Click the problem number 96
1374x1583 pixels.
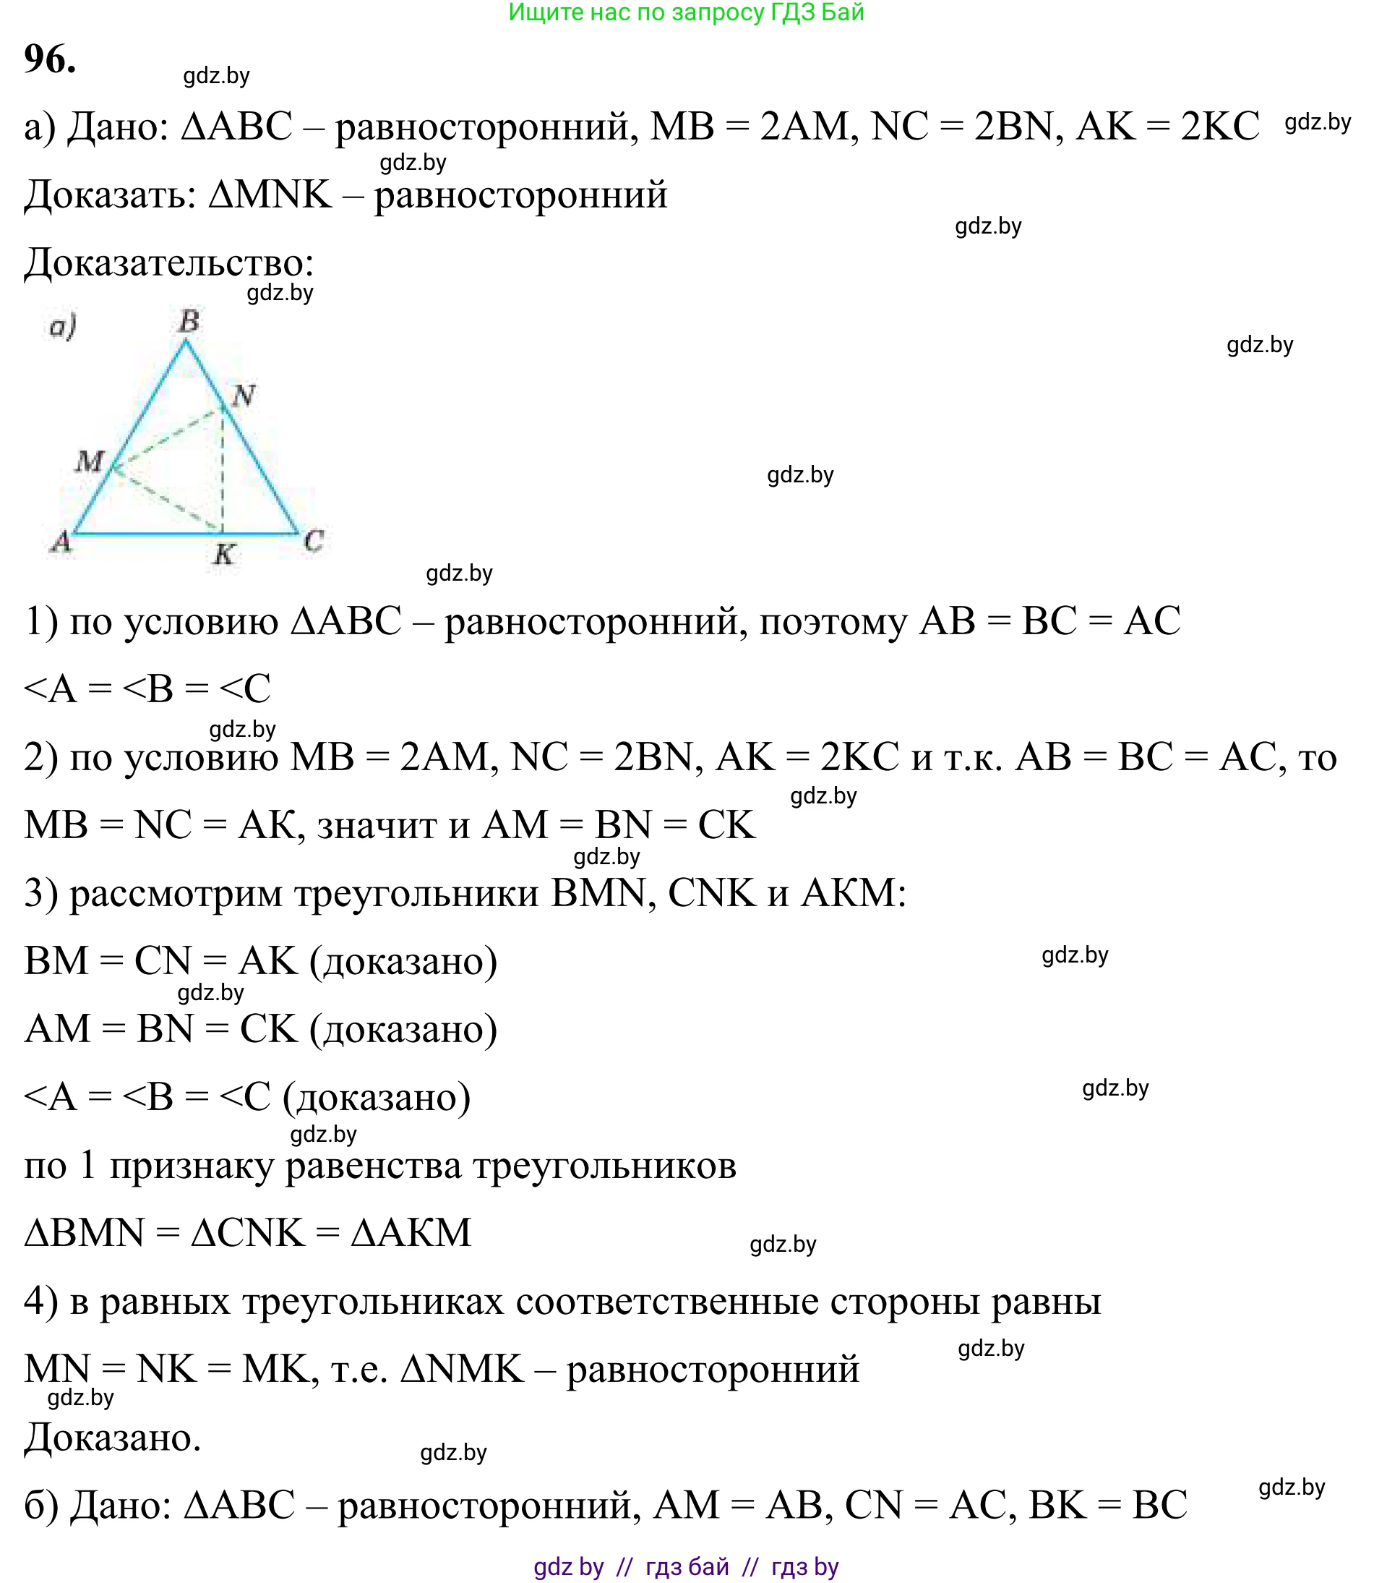click(x=50, y=59)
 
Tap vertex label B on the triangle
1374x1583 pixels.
click(x=189, y=321)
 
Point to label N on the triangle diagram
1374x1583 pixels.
click(x=243, y=396)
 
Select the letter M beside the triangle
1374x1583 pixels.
click(x=89, y=461)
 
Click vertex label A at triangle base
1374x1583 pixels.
click(x=61, y=542)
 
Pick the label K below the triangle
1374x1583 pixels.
click(x=223, y=554)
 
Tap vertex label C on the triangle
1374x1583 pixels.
click(x=314, y=541)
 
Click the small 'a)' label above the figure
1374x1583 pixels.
click(x=63, y=327)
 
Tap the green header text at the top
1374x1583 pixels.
click(x=686, y=12)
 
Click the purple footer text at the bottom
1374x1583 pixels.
click(x=686, y=1566)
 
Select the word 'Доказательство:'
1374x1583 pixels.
click(x=169, y=263)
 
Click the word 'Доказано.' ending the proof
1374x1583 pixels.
click(x=113, y=1437)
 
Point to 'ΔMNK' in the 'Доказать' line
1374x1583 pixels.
click(x=270, y=194)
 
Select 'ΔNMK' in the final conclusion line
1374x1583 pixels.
click(x=463, y=1369)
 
